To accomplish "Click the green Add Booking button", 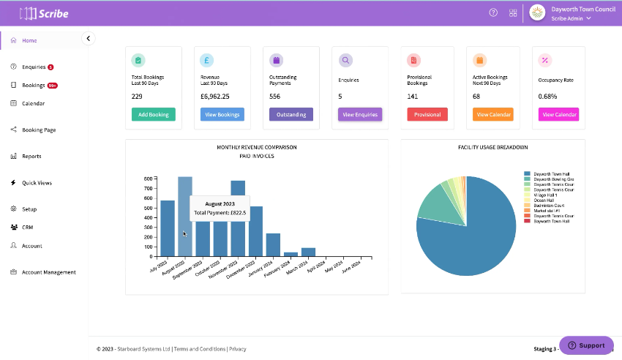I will (153, 114).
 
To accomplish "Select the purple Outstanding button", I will (291, 114).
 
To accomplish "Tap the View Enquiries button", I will (359, 114).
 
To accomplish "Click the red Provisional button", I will (427, 114).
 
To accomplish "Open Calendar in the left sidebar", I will (33, 104).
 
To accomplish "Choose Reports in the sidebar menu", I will (31, 157).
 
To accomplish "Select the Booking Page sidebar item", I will (39, 130).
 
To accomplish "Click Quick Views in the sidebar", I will (37, 183).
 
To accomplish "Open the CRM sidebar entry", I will (27, 228).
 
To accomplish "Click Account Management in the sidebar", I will (48, 272).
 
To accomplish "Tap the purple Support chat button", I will (586, 345).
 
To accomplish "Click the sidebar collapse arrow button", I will (89, 38).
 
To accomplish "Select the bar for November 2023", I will (238, 219).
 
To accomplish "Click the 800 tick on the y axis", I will (148, 179).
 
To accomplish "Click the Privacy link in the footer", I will (238, 349).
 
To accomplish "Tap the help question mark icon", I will (493, 12).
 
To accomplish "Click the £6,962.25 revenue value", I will (214, 96).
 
